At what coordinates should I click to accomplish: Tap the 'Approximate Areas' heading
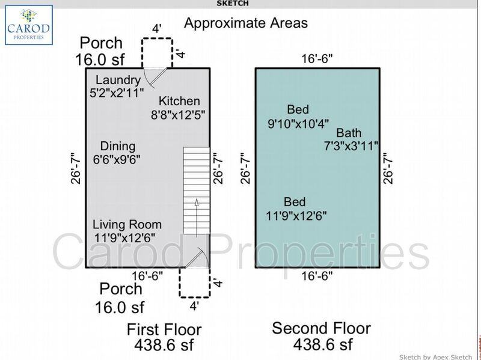[245, 23]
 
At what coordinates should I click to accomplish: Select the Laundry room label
[118, 87]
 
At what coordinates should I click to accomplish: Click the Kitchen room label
[179, 108]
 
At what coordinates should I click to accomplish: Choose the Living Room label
[127, 231]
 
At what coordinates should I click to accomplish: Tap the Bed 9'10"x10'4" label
[298, 117]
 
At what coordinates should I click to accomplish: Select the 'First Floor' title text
[164, 329]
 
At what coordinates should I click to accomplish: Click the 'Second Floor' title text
[321, 328]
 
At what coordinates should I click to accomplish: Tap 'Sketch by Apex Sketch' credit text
[435, 356]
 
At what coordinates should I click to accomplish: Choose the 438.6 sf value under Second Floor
[322, 344]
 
